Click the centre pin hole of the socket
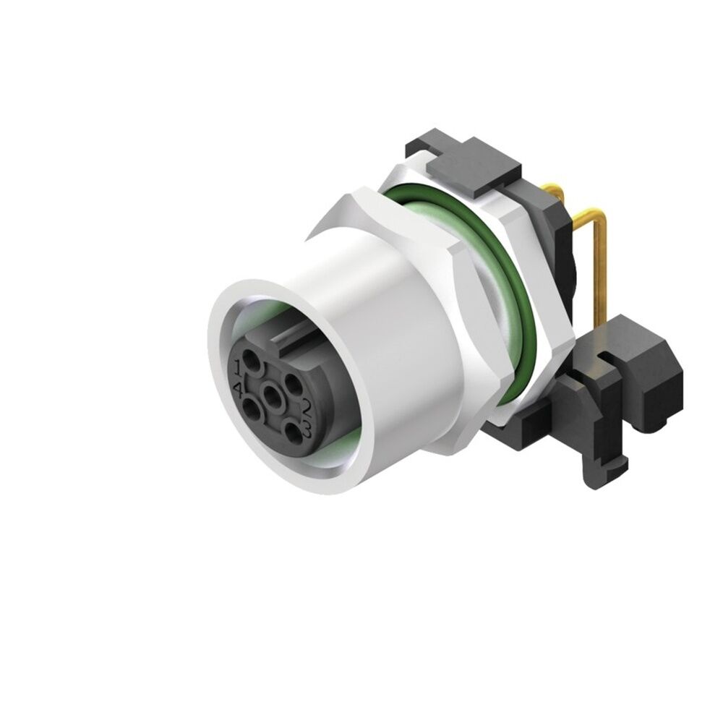coord(272,395)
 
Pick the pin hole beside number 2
coord(293,381)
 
